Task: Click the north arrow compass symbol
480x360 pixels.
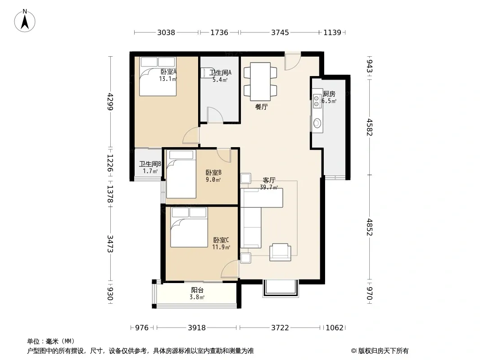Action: point(25,21)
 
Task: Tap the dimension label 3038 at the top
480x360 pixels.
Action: point(166,32)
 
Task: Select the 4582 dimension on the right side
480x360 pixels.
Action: point(370,127)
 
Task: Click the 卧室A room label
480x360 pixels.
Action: point(169,72)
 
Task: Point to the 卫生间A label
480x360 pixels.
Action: point(220,73)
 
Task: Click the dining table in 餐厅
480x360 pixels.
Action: point(260,81)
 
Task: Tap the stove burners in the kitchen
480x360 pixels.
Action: point(317,100)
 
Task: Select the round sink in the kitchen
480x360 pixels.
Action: point(317,124)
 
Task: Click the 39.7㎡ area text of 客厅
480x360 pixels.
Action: point(269,188)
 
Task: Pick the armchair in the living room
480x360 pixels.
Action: point(280,252)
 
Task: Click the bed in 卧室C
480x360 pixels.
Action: point(189,227)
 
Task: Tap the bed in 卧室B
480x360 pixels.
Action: point(181,174)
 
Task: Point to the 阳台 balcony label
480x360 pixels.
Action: point(197,290)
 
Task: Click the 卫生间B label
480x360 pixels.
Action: point(150,164)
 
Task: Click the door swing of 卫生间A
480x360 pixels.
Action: point(215,115)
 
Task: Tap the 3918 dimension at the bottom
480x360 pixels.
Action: point(196,328)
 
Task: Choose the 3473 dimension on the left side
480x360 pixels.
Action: point(110,244)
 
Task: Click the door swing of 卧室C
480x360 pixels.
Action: point(230,269)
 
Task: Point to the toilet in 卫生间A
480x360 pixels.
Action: point(207,72)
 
